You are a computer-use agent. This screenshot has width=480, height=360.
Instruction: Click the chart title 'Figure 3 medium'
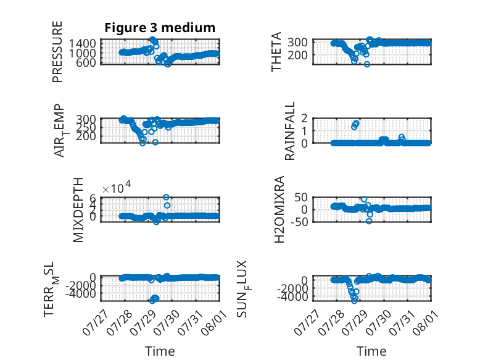click(x=160, y=28)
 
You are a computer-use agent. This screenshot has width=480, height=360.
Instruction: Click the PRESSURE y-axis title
click(x=57, y=52)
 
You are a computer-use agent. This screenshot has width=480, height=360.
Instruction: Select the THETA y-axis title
click(x=276, y=52)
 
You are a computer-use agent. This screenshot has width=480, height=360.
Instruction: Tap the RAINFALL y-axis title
click(x=289, y=131)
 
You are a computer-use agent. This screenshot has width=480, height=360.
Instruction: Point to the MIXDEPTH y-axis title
click(x=78, y=210)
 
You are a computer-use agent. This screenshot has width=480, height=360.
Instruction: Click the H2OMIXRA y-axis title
click(x=279, y=209)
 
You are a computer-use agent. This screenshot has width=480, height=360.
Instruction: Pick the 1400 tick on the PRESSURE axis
click(x=82, y=43)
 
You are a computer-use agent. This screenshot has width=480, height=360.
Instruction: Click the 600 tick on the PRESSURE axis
click(x=88, y=62)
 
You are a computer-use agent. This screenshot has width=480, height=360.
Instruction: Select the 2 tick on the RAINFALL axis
click(x=304, y=118)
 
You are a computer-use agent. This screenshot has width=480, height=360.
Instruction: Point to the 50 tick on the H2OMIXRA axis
click(x=301, y=198)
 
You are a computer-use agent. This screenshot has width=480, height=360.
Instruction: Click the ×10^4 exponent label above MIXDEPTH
click(x=117, y=188)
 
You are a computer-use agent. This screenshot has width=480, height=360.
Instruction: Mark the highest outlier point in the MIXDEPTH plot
click(x=166, y=198)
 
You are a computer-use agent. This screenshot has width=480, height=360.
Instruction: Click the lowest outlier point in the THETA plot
click(x=367, y=64)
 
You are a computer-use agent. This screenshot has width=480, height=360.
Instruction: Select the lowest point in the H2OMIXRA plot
click(x=369, y=221)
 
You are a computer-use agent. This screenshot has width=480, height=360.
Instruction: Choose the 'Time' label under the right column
click(x=371, y=351)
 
